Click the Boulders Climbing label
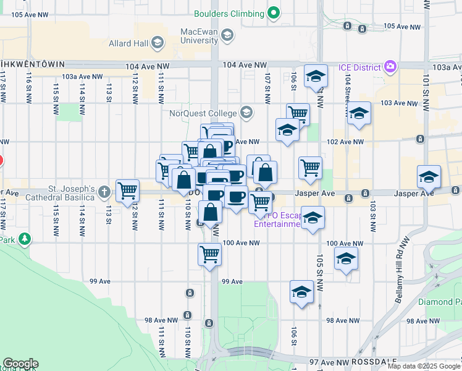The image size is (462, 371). click(229, 13)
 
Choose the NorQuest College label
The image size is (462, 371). click(204, 113)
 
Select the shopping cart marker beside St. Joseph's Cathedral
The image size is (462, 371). click(127, 190)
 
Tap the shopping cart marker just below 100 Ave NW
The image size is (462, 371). click(210, 254)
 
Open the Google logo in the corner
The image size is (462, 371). click(20, 363)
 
